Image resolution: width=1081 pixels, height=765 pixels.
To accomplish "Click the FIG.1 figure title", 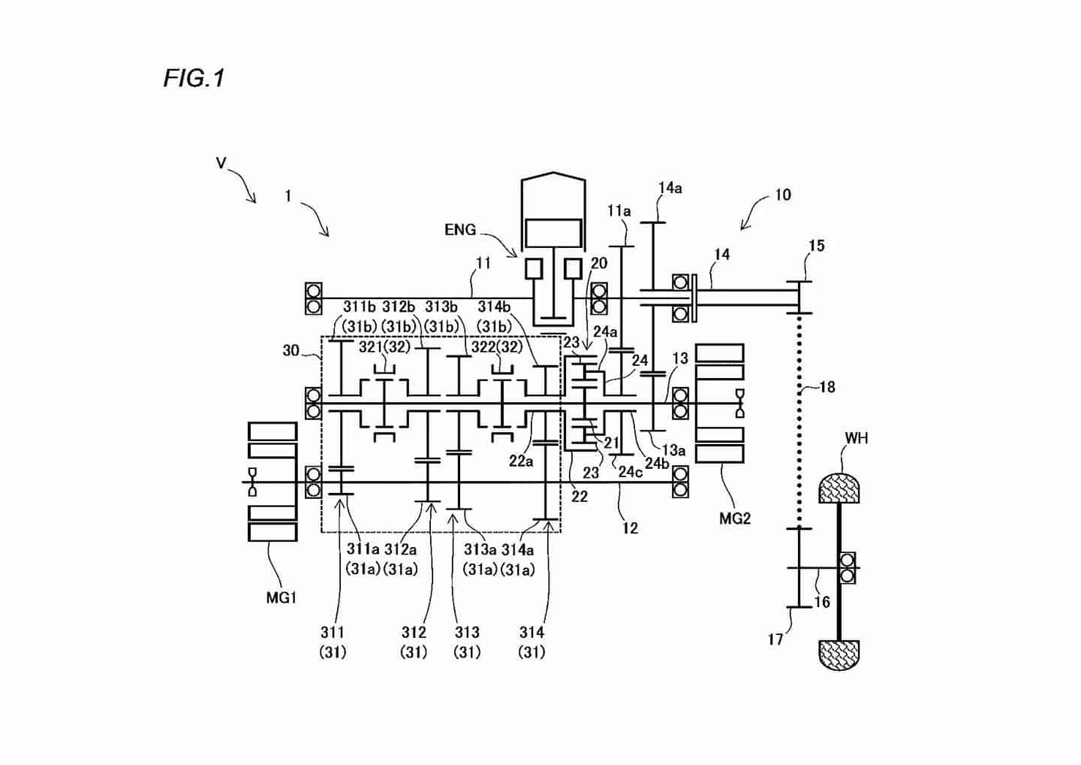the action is pos(194,77).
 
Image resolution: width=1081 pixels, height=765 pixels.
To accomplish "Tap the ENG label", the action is pos(460,230).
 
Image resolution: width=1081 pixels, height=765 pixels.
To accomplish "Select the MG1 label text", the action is pos(281,598).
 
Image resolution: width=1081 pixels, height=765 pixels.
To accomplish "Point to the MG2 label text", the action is pos(735,519).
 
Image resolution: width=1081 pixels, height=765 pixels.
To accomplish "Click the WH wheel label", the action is pos(857,438).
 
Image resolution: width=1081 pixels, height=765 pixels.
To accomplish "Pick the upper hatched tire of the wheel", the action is pos(839,488).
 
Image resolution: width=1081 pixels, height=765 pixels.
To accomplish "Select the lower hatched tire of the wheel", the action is pos(839,655).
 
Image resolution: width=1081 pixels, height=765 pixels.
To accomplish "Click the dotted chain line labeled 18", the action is pos(799,420).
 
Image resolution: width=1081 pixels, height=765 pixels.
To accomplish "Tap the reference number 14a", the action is pos(670,189).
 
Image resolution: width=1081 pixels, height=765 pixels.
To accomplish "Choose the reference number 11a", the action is pos(619,211).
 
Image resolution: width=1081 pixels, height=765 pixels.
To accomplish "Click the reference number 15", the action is pos(817,246).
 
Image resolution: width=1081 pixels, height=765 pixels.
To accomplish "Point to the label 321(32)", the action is pos(384,346).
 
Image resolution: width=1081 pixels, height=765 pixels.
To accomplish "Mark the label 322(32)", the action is pos(497,346).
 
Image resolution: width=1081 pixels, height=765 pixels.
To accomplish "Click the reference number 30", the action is pos(291,351).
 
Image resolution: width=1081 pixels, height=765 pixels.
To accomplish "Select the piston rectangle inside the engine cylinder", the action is pos(553,234).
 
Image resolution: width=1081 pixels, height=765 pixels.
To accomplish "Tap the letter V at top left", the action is pos(221,163).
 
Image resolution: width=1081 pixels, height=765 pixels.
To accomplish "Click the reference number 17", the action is pos(775,640).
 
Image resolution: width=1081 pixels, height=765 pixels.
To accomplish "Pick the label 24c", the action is pos(631,472).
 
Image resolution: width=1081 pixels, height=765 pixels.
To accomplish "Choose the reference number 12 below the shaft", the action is pos(631,528).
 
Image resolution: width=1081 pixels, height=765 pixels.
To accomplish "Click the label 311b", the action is pos(359,307).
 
